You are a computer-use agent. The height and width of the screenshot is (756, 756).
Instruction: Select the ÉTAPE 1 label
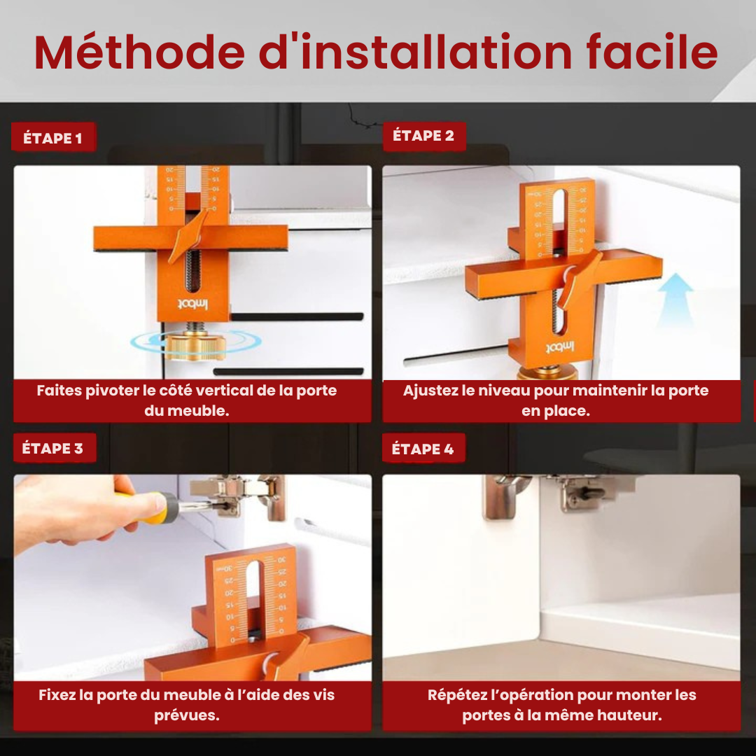click(x=52, y=138)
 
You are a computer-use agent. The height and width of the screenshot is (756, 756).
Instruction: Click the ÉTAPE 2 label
click(x=423, y=136)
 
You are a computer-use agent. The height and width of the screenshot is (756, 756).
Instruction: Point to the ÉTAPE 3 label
click(x=52, y=449)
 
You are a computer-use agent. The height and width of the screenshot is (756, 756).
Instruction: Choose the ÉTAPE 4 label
click(x=423, y=449)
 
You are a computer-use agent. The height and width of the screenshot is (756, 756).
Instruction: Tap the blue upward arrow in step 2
click(x=675, y=301)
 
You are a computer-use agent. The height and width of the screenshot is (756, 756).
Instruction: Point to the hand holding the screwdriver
click(x=70, y=511)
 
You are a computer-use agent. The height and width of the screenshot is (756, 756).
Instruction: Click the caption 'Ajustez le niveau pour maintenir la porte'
click(x=556, y=391)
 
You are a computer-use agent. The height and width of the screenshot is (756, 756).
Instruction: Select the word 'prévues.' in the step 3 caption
click(x=187, y=715)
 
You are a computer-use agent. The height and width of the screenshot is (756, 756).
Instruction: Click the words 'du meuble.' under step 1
click(x=187, y=411)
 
